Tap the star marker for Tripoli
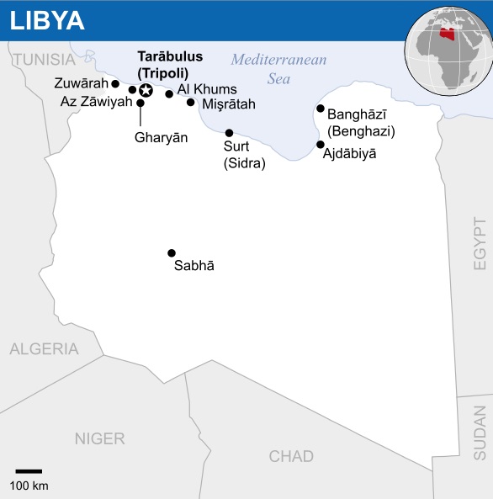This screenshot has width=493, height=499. tap(146, 90)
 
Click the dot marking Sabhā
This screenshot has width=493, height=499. tap(172, 252)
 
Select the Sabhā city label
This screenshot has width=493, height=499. tap(194, 267)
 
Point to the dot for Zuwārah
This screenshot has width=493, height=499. tap(115, 84)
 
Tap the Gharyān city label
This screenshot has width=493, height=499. tap(161, 137)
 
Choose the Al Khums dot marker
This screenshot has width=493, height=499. tap(169, 94)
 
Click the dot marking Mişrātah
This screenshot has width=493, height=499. tap(191, 103)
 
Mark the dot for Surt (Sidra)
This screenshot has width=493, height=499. tap(229, 133)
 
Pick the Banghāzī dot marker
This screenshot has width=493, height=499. tap(321, 109)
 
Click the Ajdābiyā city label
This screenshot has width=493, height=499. tap(350, 154)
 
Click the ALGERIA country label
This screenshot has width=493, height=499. tap(44, 348)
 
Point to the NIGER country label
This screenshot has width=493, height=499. tap(99, 438)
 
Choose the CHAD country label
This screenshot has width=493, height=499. tap(291, 457)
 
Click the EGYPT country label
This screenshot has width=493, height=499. tap(480, 244)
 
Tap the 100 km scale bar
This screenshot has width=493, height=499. tap(29, 471)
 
